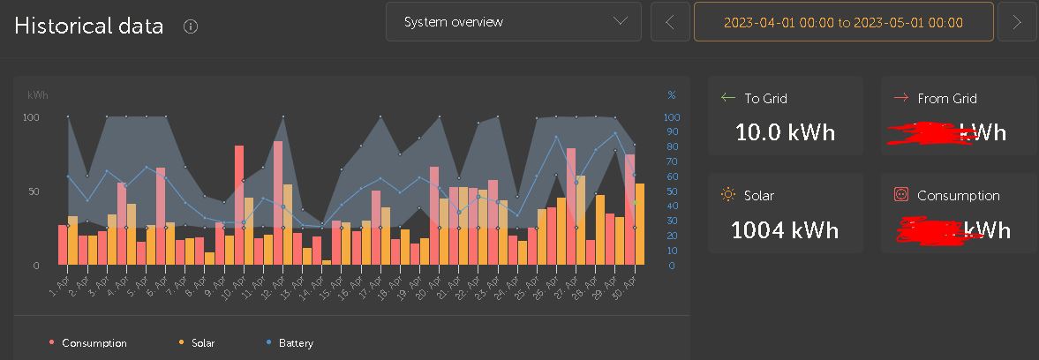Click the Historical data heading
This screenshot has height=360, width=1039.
click(89, 26)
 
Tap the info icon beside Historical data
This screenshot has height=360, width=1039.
click(190, 26)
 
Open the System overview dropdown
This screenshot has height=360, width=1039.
click(513, 22)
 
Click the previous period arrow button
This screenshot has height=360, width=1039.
click(670, 22)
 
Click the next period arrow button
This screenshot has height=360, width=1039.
click(1017, 22)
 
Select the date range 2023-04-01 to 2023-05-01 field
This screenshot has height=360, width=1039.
click(843, 22)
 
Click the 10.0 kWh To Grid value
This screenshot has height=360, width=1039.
click(785, 133)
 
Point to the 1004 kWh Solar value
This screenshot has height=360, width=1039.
click(785, 230)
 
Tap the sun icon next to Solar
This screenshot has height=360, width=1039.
click(728, 195)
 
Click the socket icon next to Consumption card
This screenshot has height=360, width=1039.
click(901, 195)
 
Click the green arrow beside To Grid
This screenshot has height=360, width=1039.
click(728, 98)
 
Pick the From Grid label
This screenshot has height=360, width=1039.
click(946, 99)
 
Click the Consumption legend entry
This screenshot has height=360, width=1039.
click(94, 343)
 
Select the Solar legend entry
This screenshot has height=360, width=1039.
click(202, 343)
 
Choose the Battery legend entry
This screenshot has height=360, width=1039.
click(296, 343)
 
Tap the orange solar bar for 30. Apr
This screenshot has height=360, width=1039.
click(639, 223)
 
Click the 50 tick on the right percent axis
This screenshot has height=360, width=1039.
click(672, 191)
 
